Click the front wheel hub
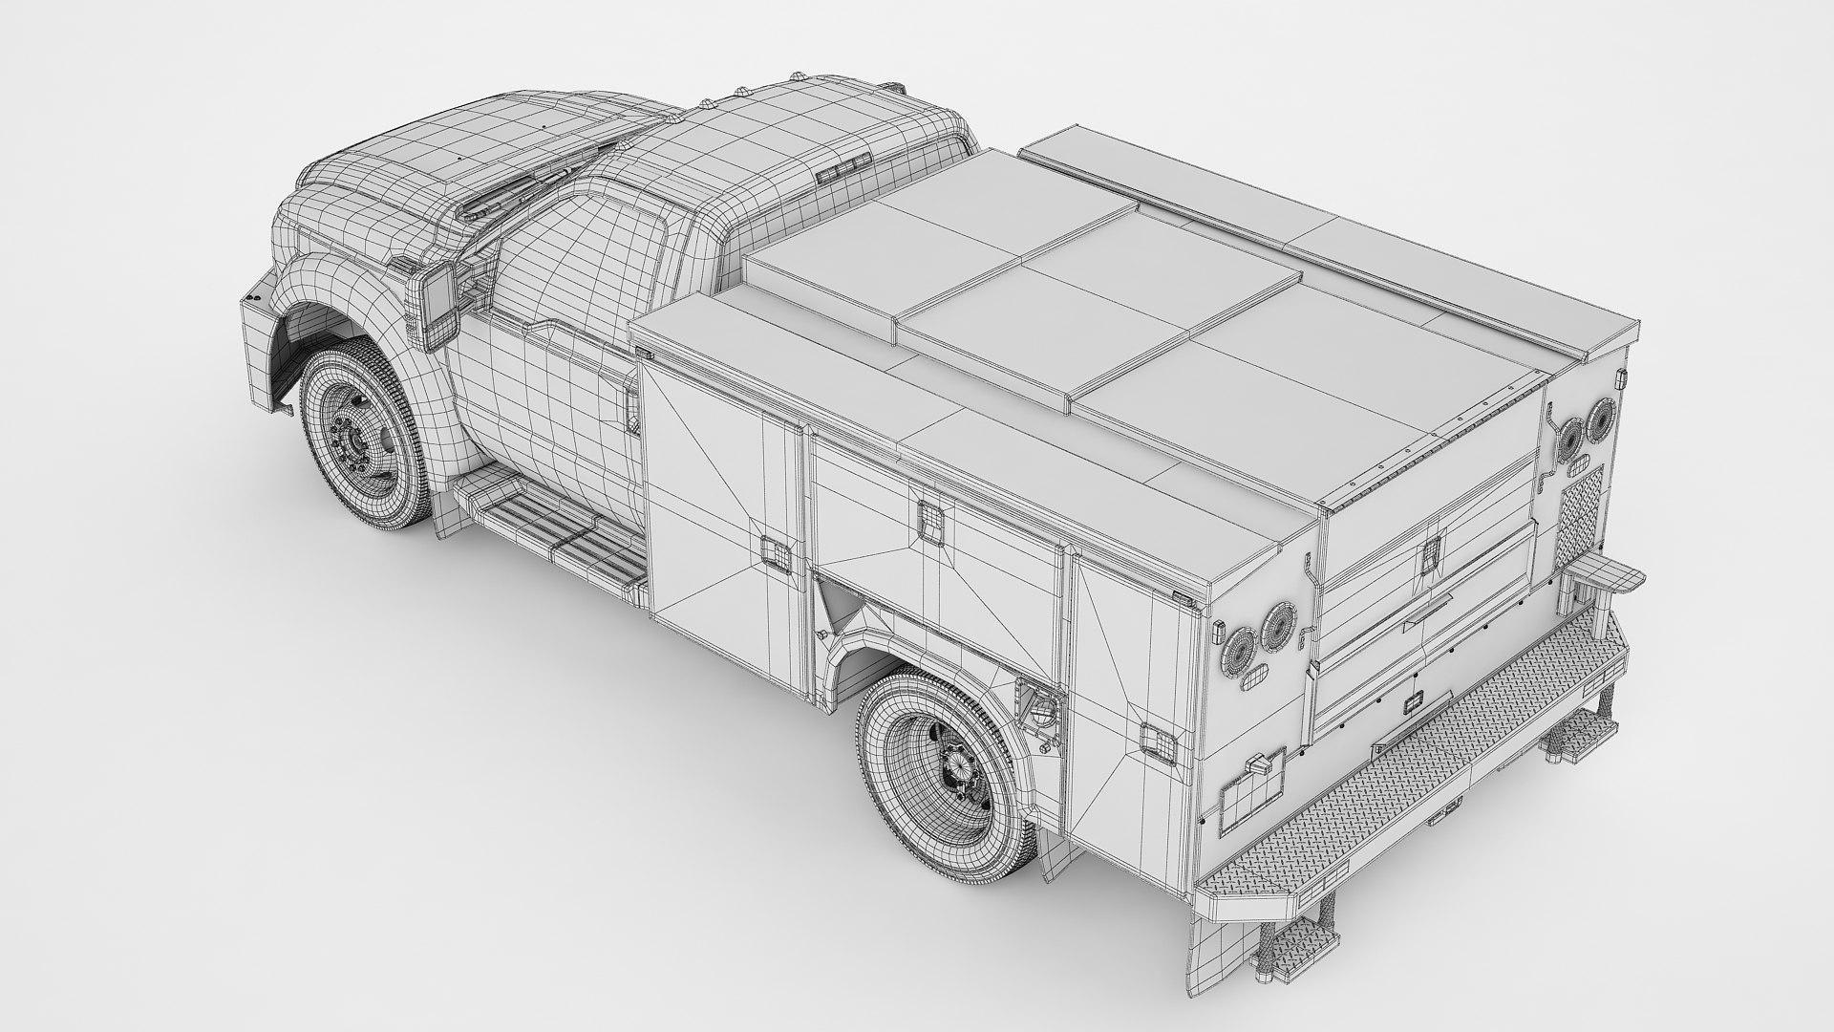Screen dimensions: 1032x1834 pyautogui.click(x=352, y=441)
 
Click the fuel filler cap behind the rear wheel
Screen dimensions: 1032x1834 pyautogui.click(x=1039, y=707)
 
